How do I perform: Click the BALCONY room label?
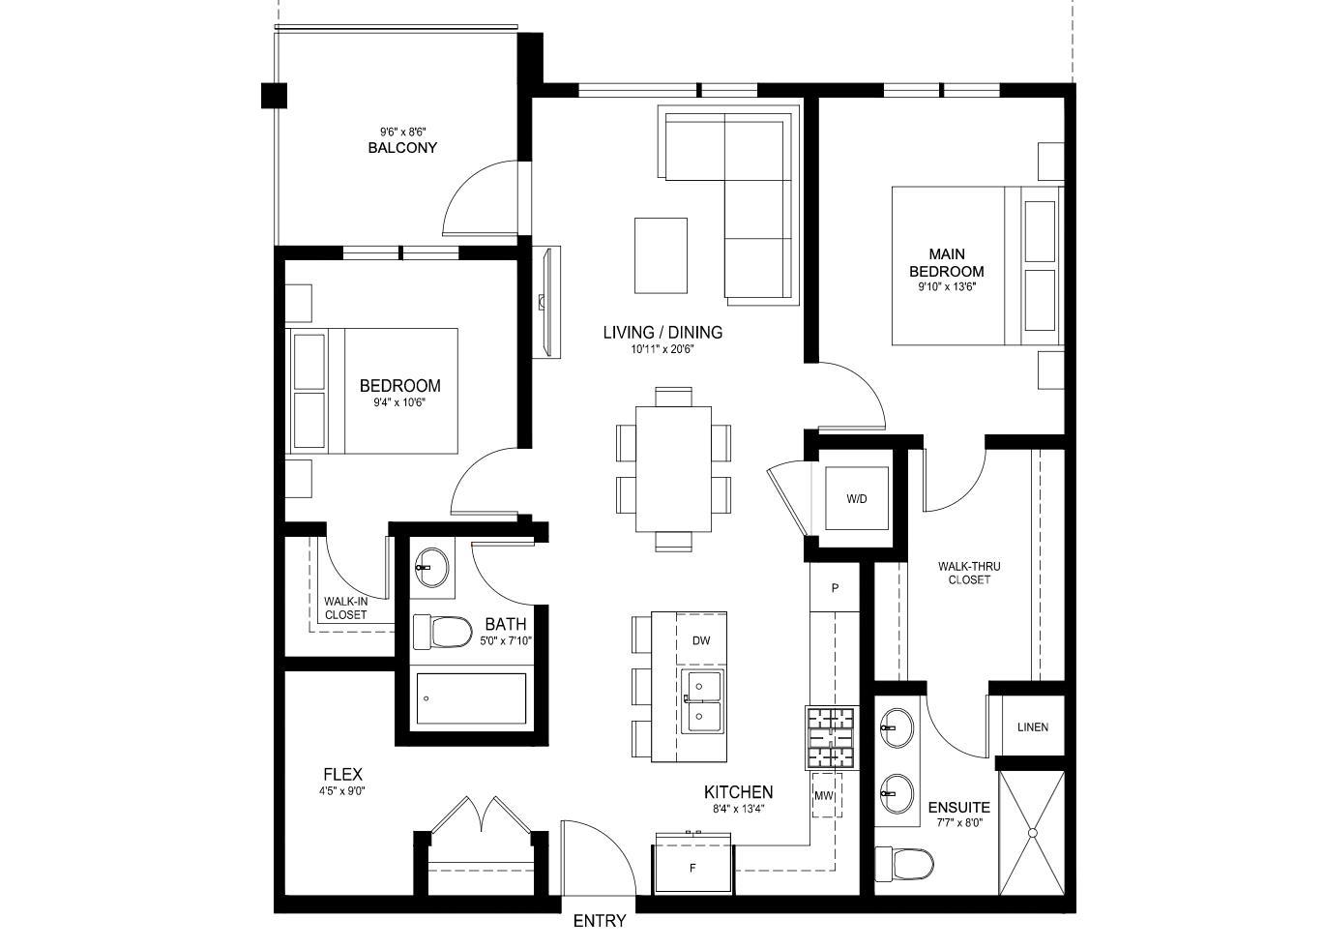402,148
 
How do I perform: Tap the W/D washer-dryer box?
857,499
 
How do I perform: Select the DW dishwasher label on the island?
701,640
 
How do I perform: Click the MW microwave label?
824,796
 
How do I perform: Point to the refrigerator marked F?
692,868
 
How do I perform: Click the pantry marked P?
834,588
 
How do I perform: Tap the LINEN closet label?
1032,727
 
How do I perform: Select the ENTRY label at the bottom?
600,921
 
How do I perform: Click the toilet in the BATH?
440,633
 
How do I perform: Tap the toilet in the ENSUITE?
903,862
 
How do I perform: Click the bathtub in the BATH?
471,698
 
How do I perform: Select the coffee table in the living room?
661,255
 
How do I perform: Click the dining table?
673,469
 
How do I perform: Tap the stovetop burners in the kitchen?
831,738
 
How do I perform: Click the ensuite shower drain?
1032,832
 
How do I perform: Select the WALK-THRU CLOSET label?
968,573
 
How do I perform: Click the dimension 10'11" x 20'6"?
662,350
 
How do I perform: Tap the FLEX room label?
342,774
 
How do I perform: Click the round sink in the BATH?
432,568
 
